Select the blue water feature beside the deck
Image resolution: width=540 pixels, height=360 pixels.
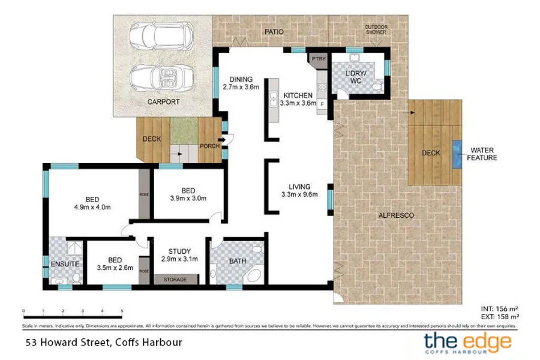[457, 152]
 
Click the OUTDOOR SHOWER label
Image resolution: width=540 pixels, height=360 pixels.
[376, 29]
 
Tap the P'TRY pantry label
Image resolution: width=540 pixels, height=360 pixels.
[317, 59]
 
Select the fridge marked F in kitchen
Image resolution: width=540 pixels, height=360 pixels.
[322, 104]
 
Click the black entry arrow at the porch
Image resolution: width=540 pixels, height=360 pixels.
[221, 140]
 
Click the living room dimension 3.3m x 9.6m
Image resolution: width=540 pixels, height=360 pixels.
[299, 194]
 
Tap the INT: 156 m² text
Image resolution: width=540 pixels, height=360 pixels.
[500, 308]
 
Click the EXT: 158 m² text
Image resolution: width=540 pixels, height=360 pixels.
[499, 316]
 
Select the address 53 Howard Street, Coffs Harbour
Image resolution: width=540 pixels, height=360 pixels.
[103, 343]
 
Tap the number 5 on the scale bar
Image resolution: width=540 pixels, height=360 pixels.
[122, 311]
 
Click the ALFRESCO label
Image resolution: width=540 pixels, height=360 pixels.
[394, 215]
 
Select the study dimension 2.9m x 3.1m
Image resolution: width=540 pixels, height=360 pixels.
[179, 259]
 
